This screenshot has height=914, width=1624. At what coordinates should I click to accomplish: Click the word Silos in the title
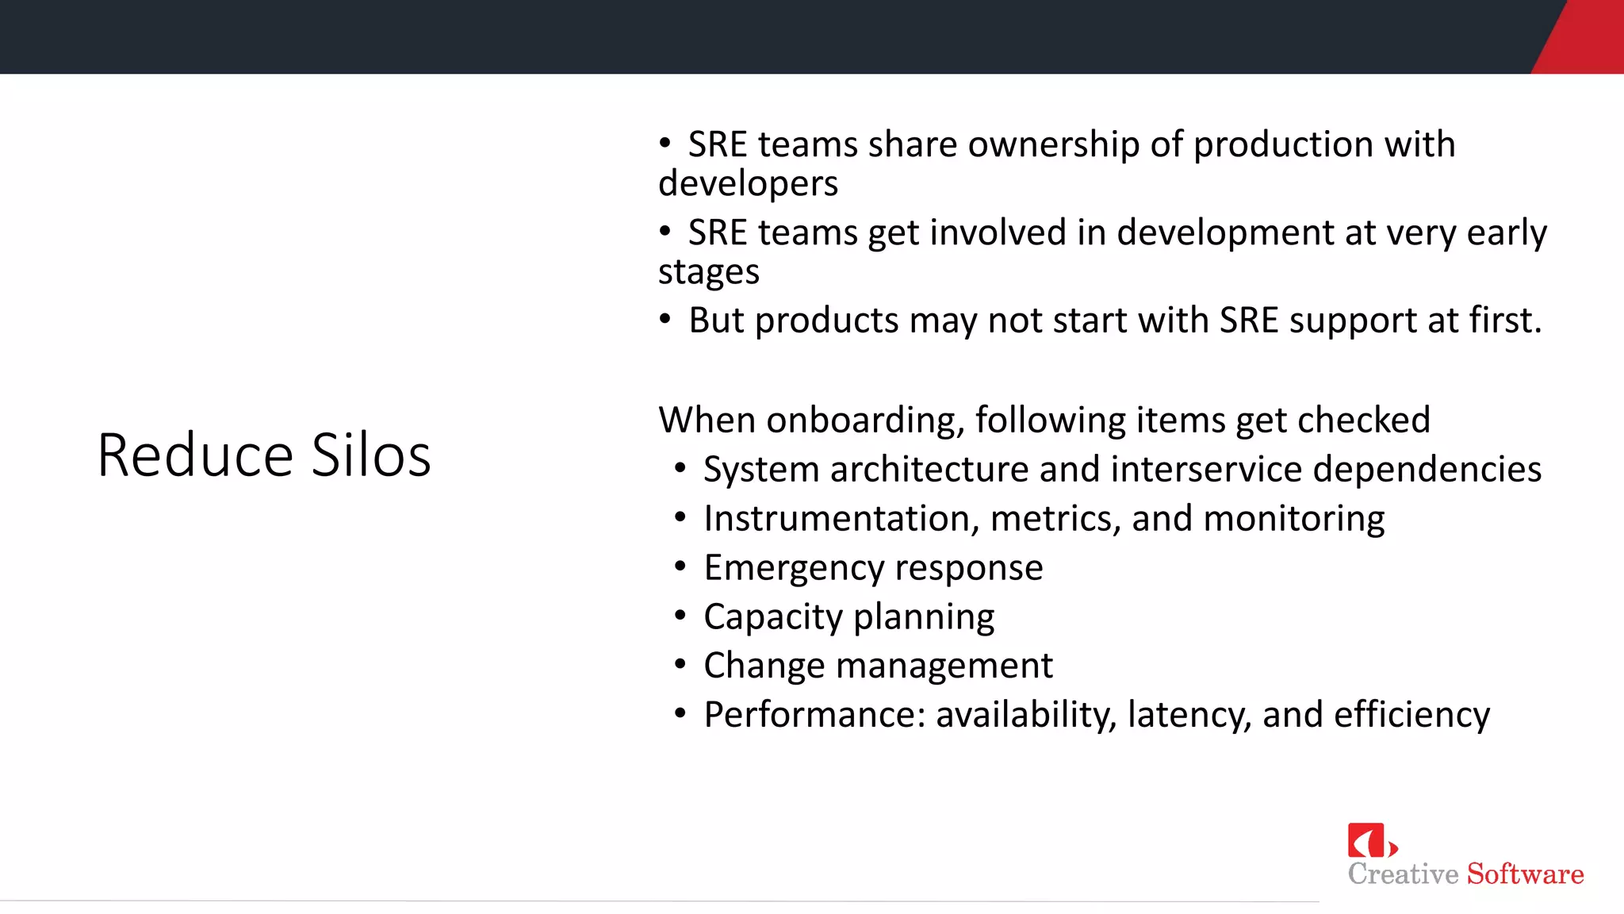tap(370, 455)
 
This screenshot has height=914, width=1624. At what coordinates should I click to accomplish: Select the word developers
tap(748, 184)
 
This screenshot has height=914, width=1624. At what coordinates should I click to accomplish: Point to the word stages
tap(708, 272)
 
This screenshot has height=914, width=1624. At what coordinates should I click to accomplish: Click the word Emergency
tap(794, 568)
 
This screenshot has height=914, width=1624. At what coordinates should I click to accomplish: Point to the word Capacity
tap(772, 617)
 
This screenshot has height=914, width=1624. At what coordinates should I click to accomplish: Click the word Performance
tap(810, 715)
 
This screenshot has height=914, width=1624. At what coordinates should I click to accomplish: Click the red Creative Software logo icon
tap(1369, 840)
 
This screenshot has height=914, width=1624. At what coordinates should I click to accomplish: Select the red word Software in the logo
tap(1525, 874)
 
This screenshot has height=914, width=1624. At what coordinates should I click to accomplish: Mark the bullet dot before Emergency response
tap(680, 567)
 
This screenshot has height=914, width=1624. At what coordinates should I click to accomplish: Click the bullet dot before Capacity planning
tap(680, 616)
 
